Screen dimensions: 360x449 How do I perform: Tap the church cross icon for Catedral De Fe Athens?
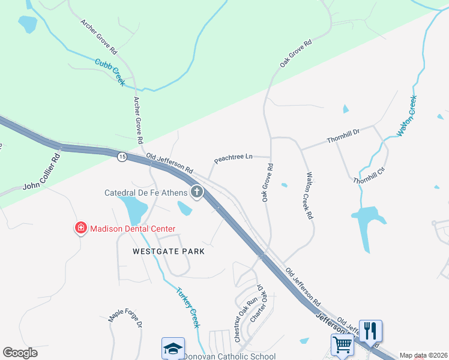(196, 192)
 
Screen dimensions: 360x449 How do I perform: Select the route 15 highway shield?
(122, 157)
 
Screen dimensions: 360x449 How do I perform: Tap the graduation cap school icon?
(173, 349)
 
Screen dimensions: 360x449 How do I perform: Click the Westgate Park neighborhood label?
(169, 251)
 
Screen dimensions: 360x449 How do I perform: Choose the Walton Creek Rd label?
(310, 195)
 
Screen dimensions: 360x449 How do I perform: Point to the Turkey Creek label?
(187, 308)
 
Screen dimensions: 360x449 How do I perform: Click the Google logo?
(20, 353)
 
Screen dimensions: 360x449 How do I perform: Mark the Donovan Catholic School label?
(229, 356)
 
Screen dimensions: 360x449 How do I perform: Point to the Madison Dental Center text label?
(133, 229)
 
